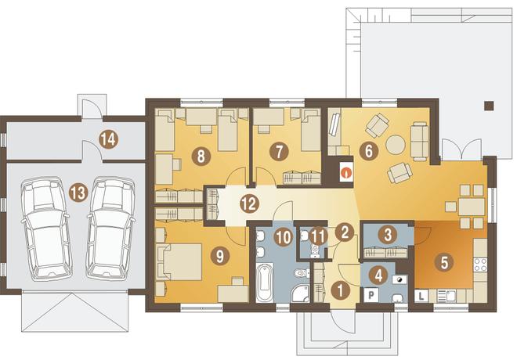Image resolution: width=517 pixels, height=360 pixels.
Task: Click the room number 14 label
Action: pyautogui.click(x=108, y=139)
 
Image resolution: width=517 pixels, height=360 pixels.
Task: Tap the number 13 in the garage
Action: pyautogui.click(x=78, y=193)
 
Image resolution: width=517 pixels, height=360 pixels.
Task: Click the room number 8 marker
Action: pyautogui.click(x=201, y=156)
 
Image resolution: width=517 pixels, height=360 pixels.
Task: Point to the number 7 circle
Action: pyautogui.click(x=279, y=152)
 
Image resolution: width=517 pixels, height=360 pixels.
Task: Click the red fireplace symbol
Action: pyautogui.click(x=346, y=171)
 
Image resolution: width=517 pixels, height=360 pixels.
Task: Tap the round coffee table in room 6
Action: pyautogui.click(x=395, y=144)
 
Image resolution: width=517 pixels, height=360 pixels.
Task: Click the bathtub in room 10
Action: pyautogui.click(x=265, y=283)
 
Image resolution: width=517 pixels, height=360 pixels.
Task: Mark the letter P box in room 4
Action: pyautogui.click(x=371, y=295)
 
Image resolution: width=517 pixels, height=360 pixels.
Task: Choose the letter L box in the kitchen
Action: pyautogui.click(x=421, y=296)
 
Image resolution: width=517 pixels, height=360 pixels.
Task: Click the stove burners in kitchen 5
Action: pyautogui.click(x=480, y=265)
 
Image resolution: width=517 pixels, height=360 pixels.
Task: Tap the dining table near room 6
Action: pyautogui.click(x=472, y=207)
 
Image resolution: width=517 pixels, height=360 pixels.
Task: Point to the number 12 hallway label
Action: pyautogui.click(x=249, y=204)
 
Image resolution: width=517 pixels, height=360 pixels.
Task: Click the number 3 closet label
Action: pyautogui.click(x=388, y=235)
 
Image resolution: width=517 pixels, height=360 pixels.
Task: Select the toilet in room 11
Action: pyautogui.click(x=316, y=250)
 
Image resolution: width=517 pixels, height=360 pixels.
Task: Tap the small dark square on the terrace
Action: pyautogui.click(x=489, y=106)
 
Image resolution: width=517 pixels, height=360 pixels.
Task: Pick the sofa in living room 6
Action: pyautogui.click(x=420, y=141)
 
